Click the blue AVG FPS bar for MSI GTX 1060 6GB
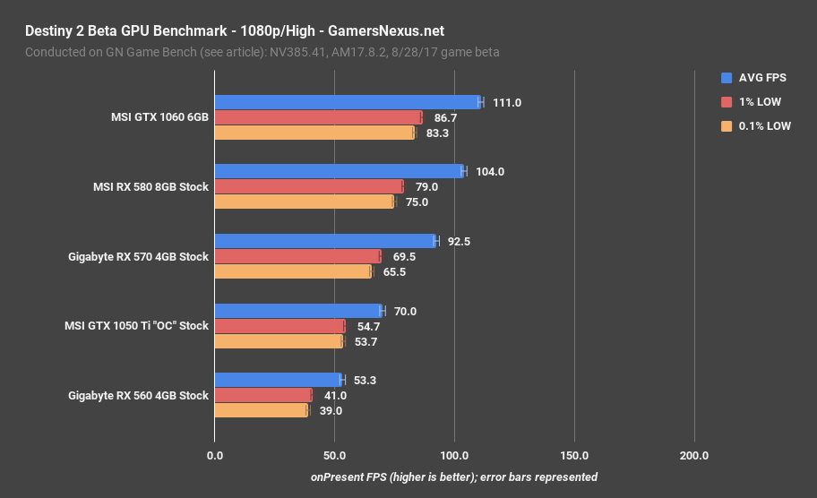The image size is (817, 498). (348, 102)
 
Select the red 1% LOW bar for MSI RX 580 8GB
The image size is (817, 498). (309, 186)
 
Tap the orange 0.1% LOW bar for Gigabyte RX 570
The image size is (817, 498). (293, 271)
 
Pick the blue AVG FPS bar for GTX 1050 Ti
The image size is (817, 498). (298, 311)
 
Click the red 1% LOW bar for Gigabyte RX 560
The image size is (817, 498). (263, 395)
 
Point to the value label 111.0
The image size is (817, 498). (507, 103)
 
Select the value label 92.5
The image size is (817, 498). (460, 242)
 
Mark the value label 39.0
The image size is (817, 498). (331, 411)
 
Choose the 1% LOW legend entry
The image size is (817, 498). (753, 102)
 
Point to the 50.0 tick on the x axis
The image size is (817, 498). (334, 456)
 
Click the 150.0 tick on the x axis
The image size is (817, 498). (574, 456)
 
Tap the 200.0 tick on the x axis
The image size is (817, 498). (694, 456)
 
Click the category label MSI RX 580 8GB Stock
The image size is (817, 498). (150, 187)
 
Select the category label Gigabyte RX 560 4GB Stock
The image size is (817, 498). (138, 396)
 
